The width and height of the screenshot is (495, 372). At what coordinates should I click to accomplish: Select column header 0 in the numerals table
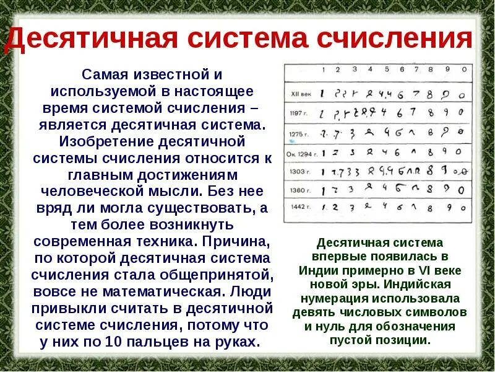point(462,70)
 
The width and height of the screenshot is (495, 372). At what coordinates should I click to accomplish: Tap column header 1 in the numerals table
point(322,70)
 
